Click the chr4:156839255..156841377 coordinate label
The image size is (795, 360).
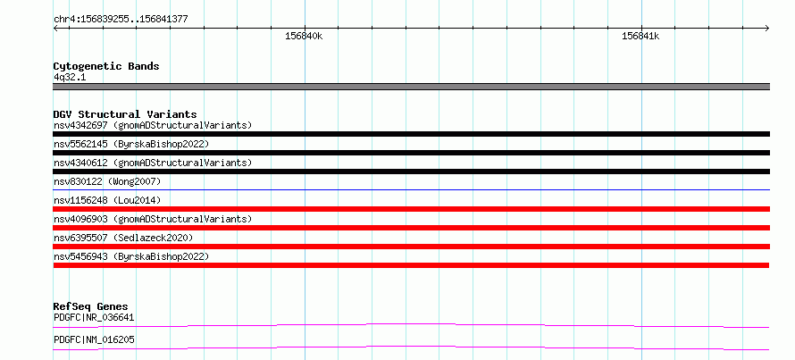tap(121, 20)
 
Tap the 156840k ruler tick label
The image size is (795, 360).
tap(305, 36)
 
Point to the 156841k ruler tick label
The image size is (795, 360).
tap(640, 36)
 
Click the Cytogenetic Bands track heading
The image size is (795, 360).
tap(106, 66)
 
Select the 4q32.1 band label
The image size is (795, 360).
tap(70, 78)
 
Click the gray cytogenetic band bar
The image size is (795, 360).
tap(411, 87)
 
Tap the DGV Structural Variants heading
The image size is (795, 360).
tap(125, 114)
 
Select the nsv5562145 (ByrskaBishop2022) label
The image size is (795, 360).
tap(131, 144)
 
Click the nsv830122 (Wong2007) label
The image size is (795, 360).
tap(107, 181)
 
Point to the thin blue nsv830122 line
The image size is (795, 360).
tap(411, 190)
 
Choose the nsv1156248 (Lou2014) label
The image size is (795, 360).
tap(107, 200)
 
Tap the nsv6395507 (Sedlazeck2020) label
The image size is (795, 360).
tap(123, 238)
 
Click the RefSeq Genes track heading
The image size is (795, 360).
tap(91, 306)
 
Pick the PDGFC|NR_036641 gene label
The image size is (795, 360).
tap(94, 318)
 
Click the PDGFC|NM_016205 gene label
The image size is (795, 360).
tap(94, 339)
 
